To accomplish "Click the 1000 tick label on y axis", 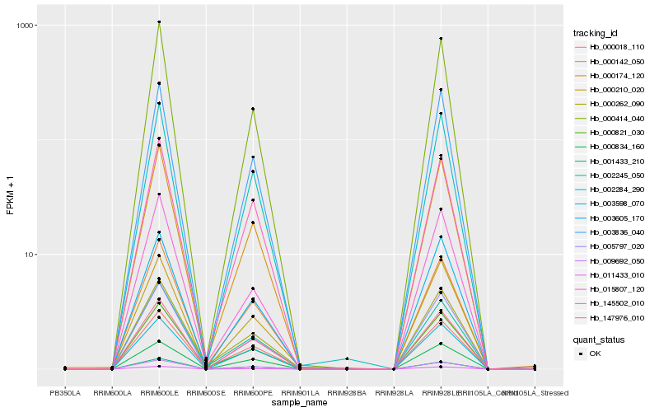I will point(27,26).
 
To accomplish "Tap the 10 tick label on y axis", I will point(31,254).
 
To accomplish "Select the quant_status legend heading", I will point(601,339).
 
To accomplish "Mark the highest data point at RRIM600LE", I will point(159,22).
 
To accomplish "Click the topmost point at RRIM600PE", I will point(253,109).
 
